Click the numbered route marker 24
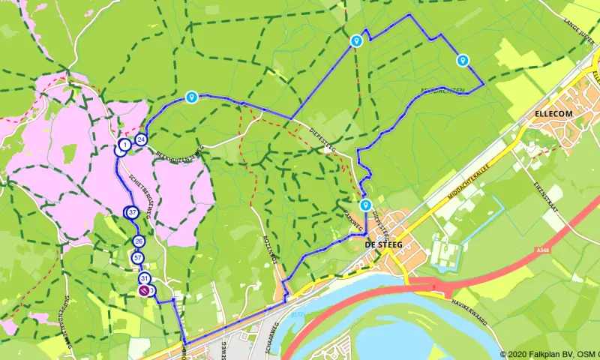tap(141, 139)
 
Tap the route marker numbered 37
tap(133, 213)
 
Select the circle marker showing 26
tap(139, 241)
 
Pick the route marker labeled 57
tap(137, 258)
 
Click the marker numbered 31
tap(144, 279)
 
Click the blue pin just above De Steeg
tap(365, 205)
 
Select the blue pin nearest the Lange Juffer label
tap(463, 60)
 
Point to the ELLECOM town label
tap(553, 112)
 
